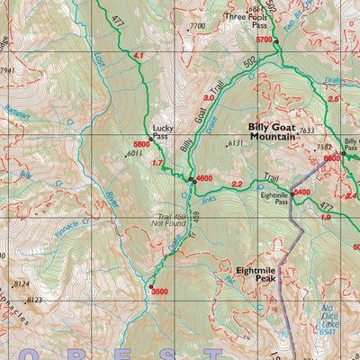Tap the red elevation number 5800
click(x=141, y=145)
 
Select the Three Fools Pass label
click(x=247, y=21)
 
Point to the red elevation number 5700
click(x=264, y=40)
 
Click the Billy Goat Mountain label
click(x=272, y=132)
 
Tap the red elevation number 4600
click(x=204, y=179)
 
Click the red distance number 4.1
click(x=138, y=57)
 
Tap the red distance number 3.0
click(x=209, y=98)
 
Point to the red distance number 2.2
click(x=238, y=184)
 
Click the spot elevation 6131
click(x=236, y=143)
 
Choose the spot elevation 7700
click(x=197, y=27)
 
